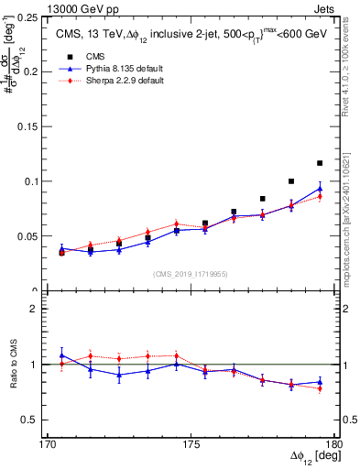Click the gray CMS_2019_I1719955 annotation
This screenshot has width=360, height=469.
point(191,274)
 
